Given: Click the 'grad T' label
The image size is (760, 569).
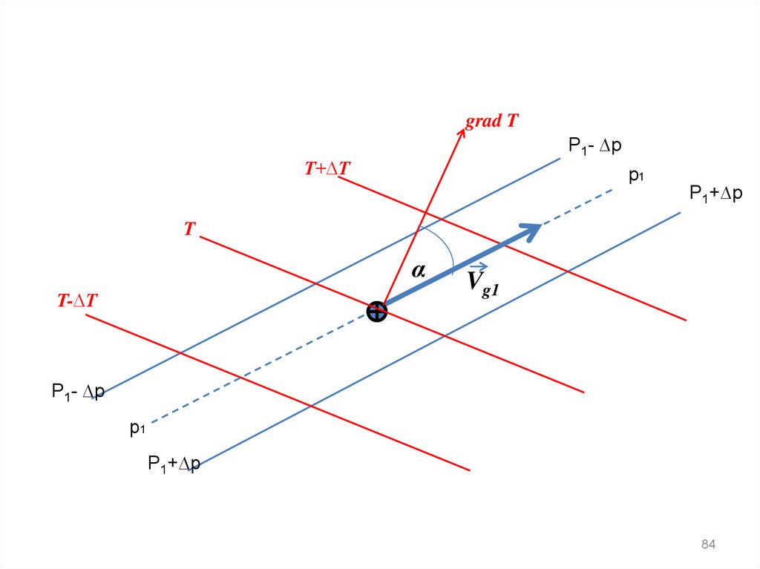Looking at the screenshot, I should pos(491,122).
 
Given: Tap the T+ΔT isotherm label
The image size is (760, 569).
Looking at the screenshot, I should pos(327,169).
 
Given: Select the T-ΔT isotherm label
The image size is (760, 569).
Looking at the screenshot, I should pos(79,300).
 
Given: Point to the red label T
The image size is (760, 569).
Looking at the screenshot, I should pos(189,230).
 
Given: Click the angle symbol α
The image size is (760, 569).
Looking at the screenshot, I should pos(419,272).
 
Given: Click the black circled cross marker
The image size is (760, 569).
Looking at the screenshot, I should pos(377,312).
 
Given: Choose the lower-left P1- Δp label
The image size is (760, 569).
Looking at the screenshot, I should pos(78,391).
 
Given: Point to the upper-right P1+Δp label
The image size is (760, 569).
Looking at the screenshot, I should pos(715,194).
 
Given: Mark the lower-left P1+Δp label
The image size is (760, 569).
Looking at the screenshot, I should pos(174,464).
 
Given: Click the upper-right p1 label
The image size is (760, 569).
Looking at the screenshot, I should pos(636,176).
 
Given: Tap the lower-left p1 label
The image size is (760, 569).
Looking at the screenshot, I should pos(137,428).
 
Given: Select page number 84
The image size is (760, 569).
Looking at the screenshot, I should pos(708,545).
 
